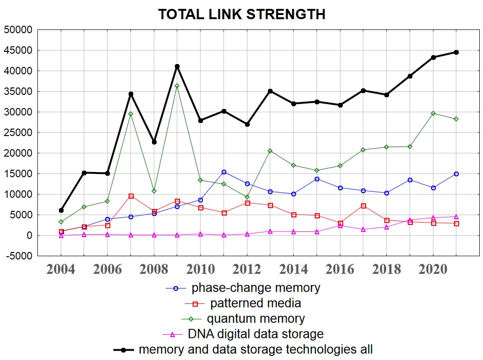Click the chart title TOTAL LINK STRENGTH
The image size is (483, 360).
[241, 14]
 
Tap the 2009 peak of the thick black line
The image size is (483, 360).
[177, 66]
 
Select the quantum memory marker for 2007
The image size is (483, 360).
[131, 114]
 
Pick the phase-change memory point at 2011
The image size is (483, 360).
[224, 172]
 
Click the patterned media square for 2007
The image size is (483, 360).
[131, 196]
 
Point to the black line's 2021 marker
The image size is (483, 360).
[456, 52]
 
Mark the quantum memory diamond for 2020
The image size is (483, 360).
[433, 113]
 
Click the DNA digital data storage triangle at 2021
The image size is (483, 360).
[456, 216]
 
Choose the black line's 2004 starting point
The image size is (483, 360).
[61, 210]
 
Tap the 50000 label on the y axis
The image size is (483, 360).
[18, 30]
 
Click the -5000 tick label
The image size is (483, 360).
[18, 256]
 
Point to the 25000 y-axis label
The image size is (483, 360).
[18, 133]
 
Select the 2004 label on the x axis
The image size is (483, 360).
[61, 270]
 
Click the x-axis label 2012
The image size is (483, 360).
[247, 270]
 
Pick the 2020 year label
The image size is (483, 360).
[433, 270]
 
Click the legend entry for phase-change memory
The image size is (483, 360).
[255, 288]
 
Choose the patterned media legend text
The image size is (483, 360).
[255, 303]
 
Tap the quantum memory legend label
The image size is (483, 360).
[255, 319]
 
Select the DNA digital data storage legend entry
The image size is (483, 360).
[255, 334]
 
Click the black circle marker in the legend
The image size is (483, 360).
[123, 350]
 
